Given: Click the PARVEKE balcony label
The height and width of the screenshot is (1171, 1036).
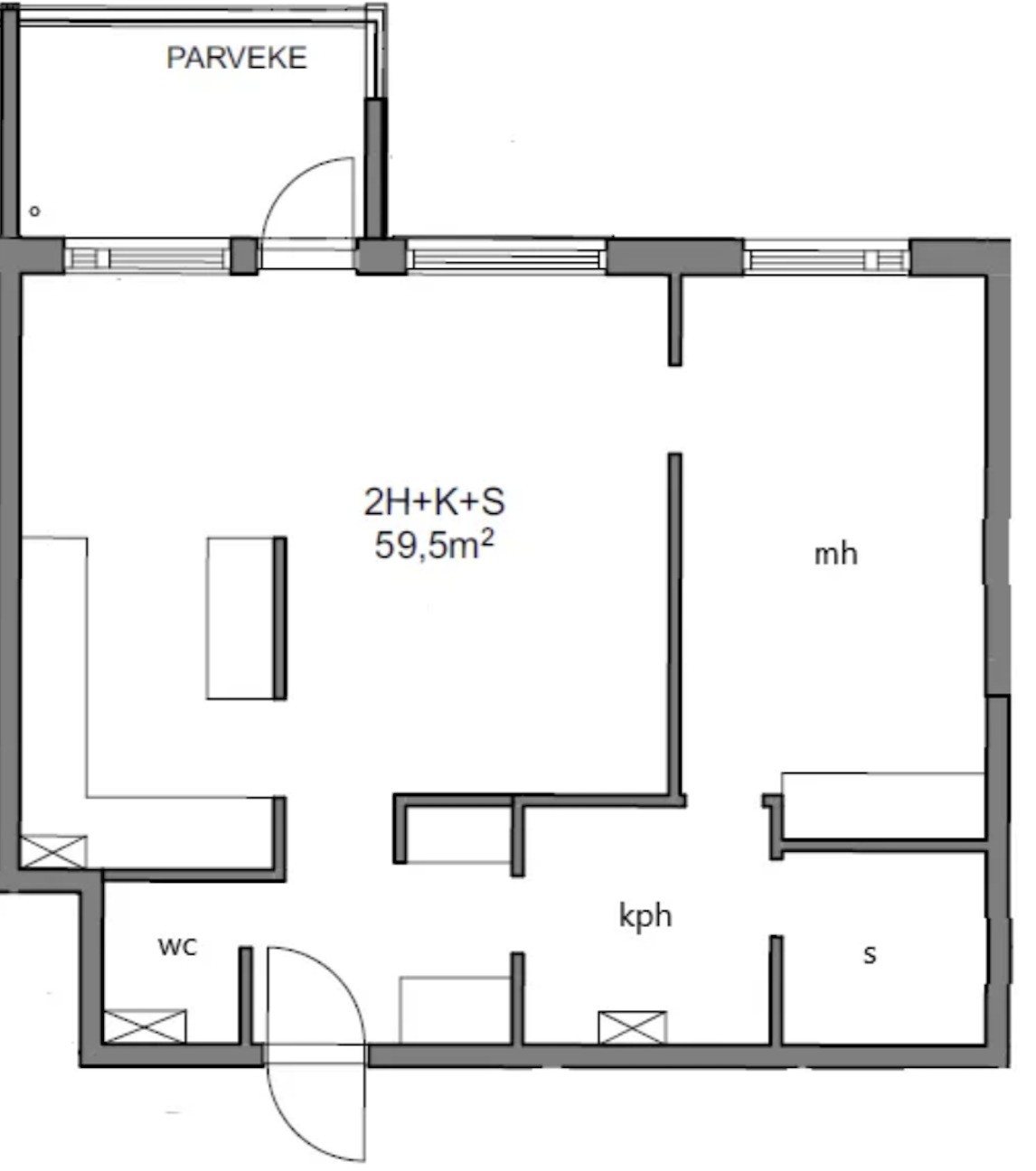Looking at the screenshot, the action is coord(237,58).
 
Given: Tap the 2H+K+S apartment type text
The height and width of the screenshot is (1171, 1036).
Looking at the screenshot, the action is coord(435,501).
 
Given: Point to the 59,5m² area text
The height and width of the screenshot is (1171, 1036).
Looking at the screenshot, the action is coord(435,545).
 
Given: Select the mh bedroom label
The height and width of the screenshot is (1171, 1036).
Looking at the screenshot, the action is coord(836,554).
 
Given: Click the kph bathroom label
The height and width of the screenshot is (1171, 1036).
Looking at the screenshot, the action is coord(645,916).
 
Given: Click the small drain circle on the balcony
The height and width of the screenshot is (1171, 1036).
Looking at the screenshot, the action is coord(34,211).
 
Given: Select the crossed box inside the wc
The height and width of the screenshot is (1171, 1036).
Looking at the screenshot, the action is coord(145,1026).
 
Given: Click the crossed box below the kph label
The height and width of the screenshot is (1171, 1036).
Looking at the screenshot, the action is coord(633,1027).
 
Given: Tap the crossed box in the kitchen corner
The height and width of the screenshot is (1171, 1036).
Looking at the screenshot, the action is coord(54,851).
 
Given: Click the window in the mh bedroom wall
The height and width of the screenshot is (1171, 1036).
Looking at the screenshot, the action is coord(826,259).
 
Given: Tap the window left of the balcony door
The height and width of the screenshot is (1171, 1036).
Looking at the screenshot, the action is coord(147,258).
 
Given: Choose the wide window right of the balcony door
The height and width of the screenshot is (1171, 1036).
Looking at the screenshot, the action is coord(506,259).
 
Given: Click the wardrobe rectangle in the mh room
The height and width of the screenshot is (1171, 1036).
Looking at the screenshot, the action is coord(883,805).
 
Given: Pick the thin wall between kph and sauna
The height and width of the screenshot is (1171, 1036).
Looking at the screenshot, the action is coord(777,990).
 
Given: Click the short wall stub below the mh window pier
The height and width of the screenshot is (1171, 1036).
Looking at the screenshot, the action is coord(675,320).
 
